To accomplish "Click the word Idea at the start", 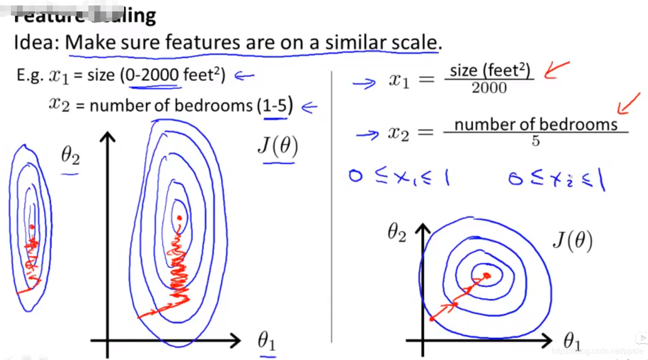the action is pos(36,43).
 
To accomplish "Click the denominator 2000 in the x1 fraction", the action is pos(489,88).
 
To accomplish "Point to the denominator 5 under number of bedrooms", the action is pos(535,142).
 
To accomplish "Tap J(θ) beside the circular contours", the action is pos(572,242).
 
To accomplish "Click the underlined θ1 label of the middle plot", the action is pos(266,341).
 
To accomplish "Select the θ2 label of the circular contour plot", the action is pos(397,234).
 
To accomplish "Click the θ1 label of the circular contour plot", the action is pos(572,342).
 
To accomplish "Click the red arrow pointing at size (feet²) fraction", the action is pos(556,70).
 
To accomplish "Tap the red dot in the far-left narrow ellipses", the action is pos(32,226).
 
